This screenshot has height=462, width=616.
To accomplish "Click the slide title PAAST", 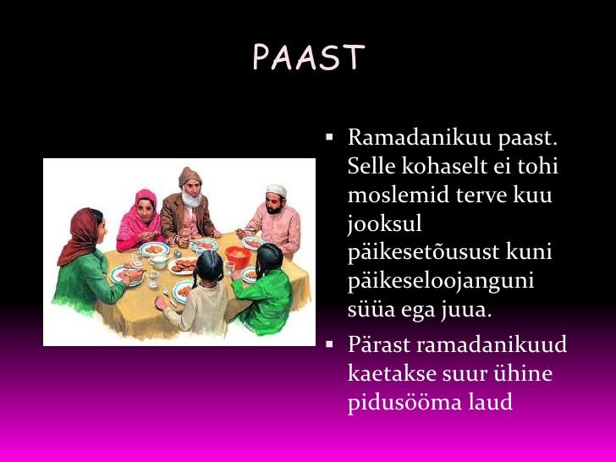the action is point(309,57).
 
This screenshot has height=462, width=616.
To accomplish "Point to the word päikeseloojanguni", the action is point(441,282).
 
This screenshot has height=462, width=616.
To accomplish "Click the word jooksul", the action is point(385,225).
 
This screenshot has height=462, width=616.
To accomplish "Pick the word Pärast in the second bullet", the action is point(379,344).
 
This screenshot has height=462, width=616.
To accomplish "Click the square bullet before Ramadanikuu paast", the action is point(329,137).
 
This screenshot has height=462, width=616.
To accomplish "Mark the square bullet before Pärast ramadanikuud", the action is point(329,344).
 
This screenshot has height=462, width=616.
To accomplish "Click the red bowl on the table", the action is point(238,257).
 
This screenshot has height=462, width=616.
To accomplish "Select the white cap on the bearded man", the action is point(276,190).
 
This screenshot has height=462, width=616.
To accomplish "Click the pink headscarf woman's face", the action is point(146,210).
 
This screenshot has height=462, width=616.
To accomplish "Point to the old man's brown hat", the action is point(190,176).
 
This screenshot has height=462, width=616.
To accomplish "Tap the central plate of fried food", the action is point(182,266).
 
